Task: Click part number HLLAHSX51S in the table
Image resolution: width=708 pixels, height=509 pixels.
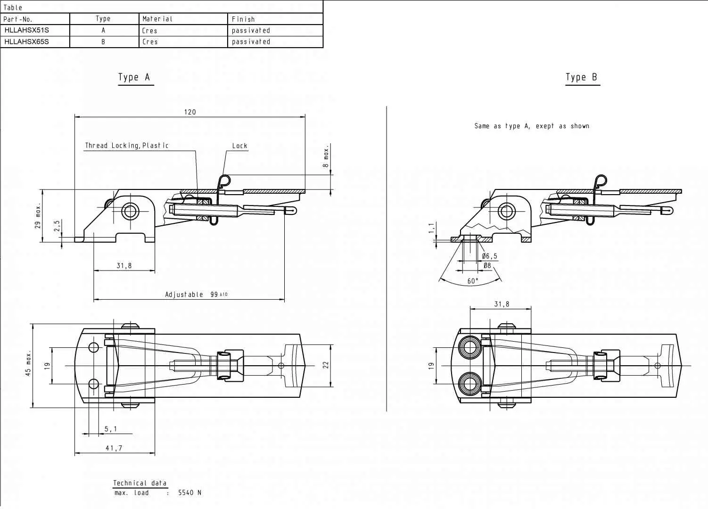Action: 26,30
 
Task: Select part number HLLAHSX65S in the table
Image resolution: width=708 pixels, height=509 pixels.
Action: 26,41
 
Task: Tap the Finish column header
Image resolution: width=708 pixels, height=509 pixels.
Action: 243,19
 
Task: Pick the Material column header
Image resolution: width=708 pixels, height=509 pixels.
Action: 157,19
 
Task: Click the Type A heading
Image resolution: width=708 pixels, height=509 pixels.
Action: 134,77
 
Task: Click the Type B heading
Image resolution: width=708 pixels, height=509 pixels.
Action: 581,77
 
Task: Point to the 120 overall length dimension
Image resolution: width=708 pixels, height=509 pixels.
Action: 190,112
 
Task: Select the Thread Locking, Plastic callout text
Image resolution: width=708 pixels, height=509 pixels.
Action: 127,146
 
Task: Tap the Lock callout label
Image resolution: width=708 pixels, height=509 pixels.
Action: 239,146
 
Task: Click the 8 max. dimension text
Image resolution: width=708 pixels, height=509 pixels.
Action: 326,156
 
